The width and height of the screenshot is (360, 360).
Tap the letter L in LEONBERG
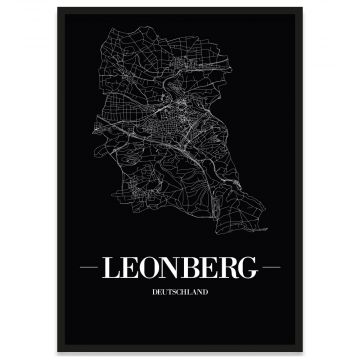pos(113,269)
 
